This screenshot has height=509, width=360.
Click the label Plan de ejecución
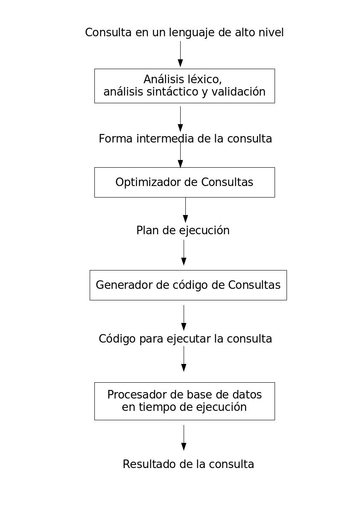pyautogui.click(x=183, y=230)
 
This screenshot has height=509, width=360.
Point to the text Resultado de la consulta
pyautogui.click(x=188, y=464)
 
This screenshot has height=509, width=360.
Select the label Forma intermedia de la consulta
pyautogui.click(x=185, y=139)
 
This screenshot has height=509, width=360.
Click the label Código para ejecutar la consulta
pyautogui.click(x=185, y=339)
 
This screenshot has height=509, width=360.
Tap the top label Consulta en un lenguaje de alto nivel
pyautogui.click(x=184, y=32)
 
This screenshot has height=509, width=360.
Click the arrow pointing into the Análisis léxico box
pyautogui.click(x=180, y=54)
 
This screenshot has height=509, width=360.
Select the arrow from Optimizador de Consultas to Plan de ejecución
pyautogui.click(x=185, y=210)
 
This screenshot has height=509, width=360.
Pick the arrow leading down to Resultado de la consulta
pyautogui.click(x=184, y=438)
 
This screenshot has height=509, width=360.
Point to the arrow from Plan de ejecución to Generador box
pyautogui.click(x=184, y=253)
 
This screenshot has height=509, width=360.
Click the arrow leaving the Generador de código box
pyautogui.click(x=184, y=318)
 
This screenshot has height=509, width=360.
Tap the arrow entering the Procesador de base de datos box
pyautogui.click(x=184, y=359)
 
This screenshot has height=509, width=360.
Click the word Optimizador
pyautogui.click(x=148, y=182)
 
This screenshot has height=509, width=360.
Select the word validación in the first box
pyautogui.click(x=238, y=92)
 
